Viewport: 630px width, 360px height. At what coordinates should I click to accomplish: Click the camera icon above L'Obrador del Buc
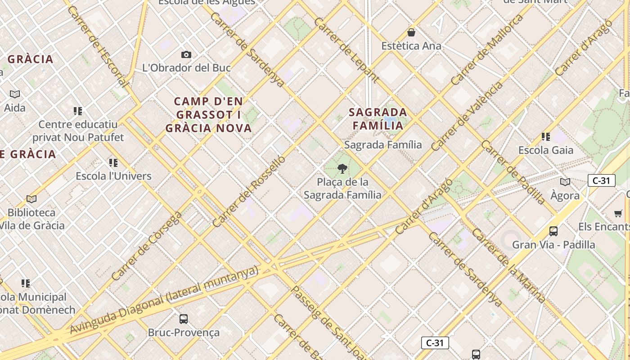point(186,55)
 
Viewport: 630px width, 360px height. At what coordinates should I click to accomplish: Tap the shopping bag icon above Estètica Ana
point(411,32)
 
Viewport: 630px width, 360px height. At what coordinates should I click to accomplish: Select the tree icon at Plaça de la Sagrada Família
point(342,169)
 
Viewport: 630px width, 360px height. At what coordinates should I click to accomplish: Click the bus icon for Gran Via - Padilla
point(553,231)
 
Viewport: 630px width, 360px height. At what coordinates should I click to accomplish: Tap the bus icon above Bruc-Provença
point(184,319)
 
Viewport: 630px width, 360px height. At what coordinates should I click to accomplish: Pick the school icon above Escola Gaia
point(546,137)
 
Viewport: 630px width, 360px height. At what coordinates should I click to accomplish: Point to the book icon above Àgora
point(565,182)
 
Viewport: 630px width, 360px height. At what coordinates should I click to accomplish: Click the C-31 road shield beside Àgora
point(601,181)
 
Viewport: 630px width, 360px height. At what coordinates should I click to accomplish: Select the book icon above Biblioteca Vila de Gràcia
point(31,199)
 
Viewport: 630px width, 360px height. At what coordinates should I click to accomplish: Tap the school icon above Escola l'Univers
point(113,162)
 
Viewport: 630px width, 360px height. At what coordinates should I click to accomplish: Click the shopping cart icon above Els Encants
point(618,214)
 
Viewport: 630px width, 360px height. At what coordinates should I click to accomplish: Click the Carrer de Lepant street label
point(346,50)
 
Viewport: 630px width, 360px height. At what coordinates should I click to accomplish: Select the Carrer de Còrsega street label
point(147,246)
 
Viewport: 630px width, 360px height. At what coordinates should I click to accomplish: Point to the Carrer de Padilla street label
point(513,172)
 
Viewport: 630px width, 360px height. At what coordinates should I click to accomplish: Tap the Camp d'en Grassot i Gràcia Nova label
point(208,115)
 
